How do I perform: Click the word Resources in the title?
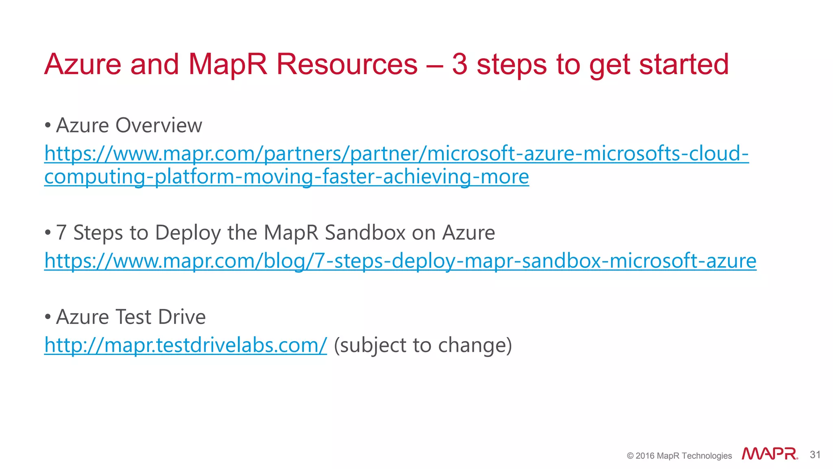click(x=347, y=64)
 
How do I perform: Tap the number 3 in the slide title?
click(x=460, y=64)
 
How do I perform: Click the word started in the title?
click(x=683, y=64)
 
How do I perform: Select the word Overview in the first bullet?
click(x=159, y=125)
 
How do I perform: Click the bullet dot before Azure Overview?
click(x=48, y=125)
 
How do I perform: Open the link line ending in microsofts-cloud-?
click(x=396, y=154)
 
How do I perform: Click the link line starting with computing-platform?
click(x=286, y=177)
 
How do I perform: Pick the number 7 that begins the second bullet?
click(x=61, y=233)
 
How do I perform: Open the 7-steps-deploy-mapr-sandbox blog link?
click(x=400, y=261)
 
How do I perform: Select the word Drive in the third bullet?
click(x=182, y=317)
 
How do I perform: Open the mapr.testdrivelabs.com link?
click(x=185, y=345)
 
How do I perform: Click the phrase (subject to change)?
click(x=423, y=345)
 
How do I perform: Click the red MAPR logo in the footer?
click(x=769, y=454)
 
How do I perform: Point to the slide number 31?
click(x=815, y=455)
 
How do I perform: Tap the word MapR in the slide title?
click(x=228, y=64)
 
